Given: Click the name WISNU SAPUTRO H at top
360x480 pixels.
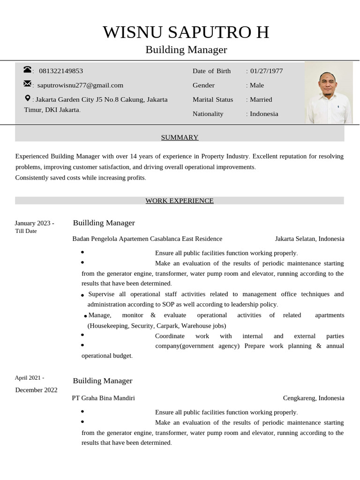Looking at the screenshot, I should pos(186,32).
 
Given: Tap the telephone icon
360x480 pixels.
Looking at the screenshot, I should pos(27,70).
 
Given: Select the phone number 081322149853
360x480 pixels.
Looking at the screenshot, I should pos(61,71).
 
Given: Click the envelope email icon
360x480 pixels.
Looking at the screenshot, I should pos(27,84).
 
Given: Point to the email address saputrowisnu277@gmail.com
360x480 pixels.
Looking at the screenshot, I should pos(80,85).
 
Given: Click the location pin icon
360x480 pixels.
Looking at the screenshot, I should pos(28,98).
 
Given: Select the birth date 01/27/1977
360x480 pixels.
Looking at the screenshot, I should pos(266,71).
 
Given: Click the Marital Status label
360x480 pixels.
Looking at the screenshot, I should pos(213,99).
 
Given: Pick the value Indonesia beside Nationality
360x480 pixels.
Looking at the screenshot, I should pos(264,114).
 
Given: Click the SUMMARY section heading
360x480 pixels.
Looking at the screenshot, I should pos(180,137).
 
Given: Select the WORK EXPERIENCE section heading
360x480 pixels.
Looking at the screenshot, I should pos(180,201).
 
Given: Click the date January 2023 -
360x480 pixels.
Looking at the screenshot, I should pos(34,223).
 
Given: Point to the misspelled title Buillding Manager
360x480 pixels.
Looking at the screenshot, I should pos(104,223).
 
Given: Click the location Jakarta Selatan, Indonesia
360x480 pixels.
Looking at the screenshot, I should pos(309,239).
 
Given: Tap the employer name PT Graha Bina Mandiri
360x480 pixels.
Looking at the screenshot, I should pos(103,398).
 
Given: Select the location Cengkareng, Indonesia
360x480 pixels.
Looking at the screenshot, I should pos(313,398).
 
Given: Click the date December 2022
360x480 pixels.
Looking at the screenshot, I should pos(36,390).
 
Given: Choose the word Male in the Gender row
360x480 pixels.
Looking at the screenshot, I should pos(257,85).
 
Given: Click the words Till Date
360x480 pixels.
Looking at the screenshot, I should pos(26,231).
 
